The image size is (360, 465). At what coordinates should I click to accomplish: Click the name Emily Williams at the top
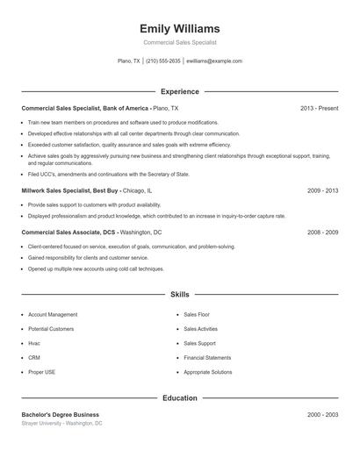(180, 29)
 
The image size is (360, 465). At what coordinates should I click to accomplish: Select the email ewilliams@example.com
(215, 61)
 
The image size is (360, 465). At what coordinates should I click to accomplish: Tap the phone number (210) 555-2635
(163, 61)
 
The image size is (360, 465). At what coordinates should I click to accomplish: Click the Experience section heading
(180, 91)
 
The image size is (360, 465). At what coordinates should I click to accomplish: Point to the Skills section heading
(180, 295)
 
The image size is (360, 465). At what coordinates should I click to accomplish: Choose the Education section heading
(180, 397)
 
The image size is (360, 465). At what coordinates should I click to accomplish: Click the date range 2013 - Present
(319, 108)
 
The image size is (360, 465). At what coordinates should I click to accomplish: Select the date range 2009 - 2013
(322, 190)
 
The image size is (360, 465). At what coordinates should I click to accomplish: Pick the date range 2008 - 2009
(322, 232)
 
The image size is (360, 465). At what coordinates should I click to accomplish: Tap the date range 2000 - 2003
(322, 414)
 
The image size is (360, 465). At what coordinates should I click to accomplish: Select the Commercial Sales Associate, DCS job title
(68, 232)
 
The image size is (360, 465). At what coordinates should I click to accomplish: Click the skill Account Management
(53, 314)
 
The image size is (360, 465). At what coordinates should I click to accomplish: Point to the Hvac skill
(35, 343)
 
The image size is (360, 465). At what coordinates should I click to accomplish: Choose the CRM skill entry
(34, 358)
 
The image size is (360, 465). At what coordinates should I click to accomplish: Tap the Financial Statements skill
(207, 358)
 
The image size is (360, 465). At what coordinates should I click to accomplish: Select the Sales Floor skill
(197, 314)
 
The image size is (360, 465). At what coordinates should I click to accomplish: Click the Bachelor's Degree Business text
(61, 414)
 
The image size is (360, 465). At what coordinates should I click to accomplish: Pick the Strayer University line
(61, 423)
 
